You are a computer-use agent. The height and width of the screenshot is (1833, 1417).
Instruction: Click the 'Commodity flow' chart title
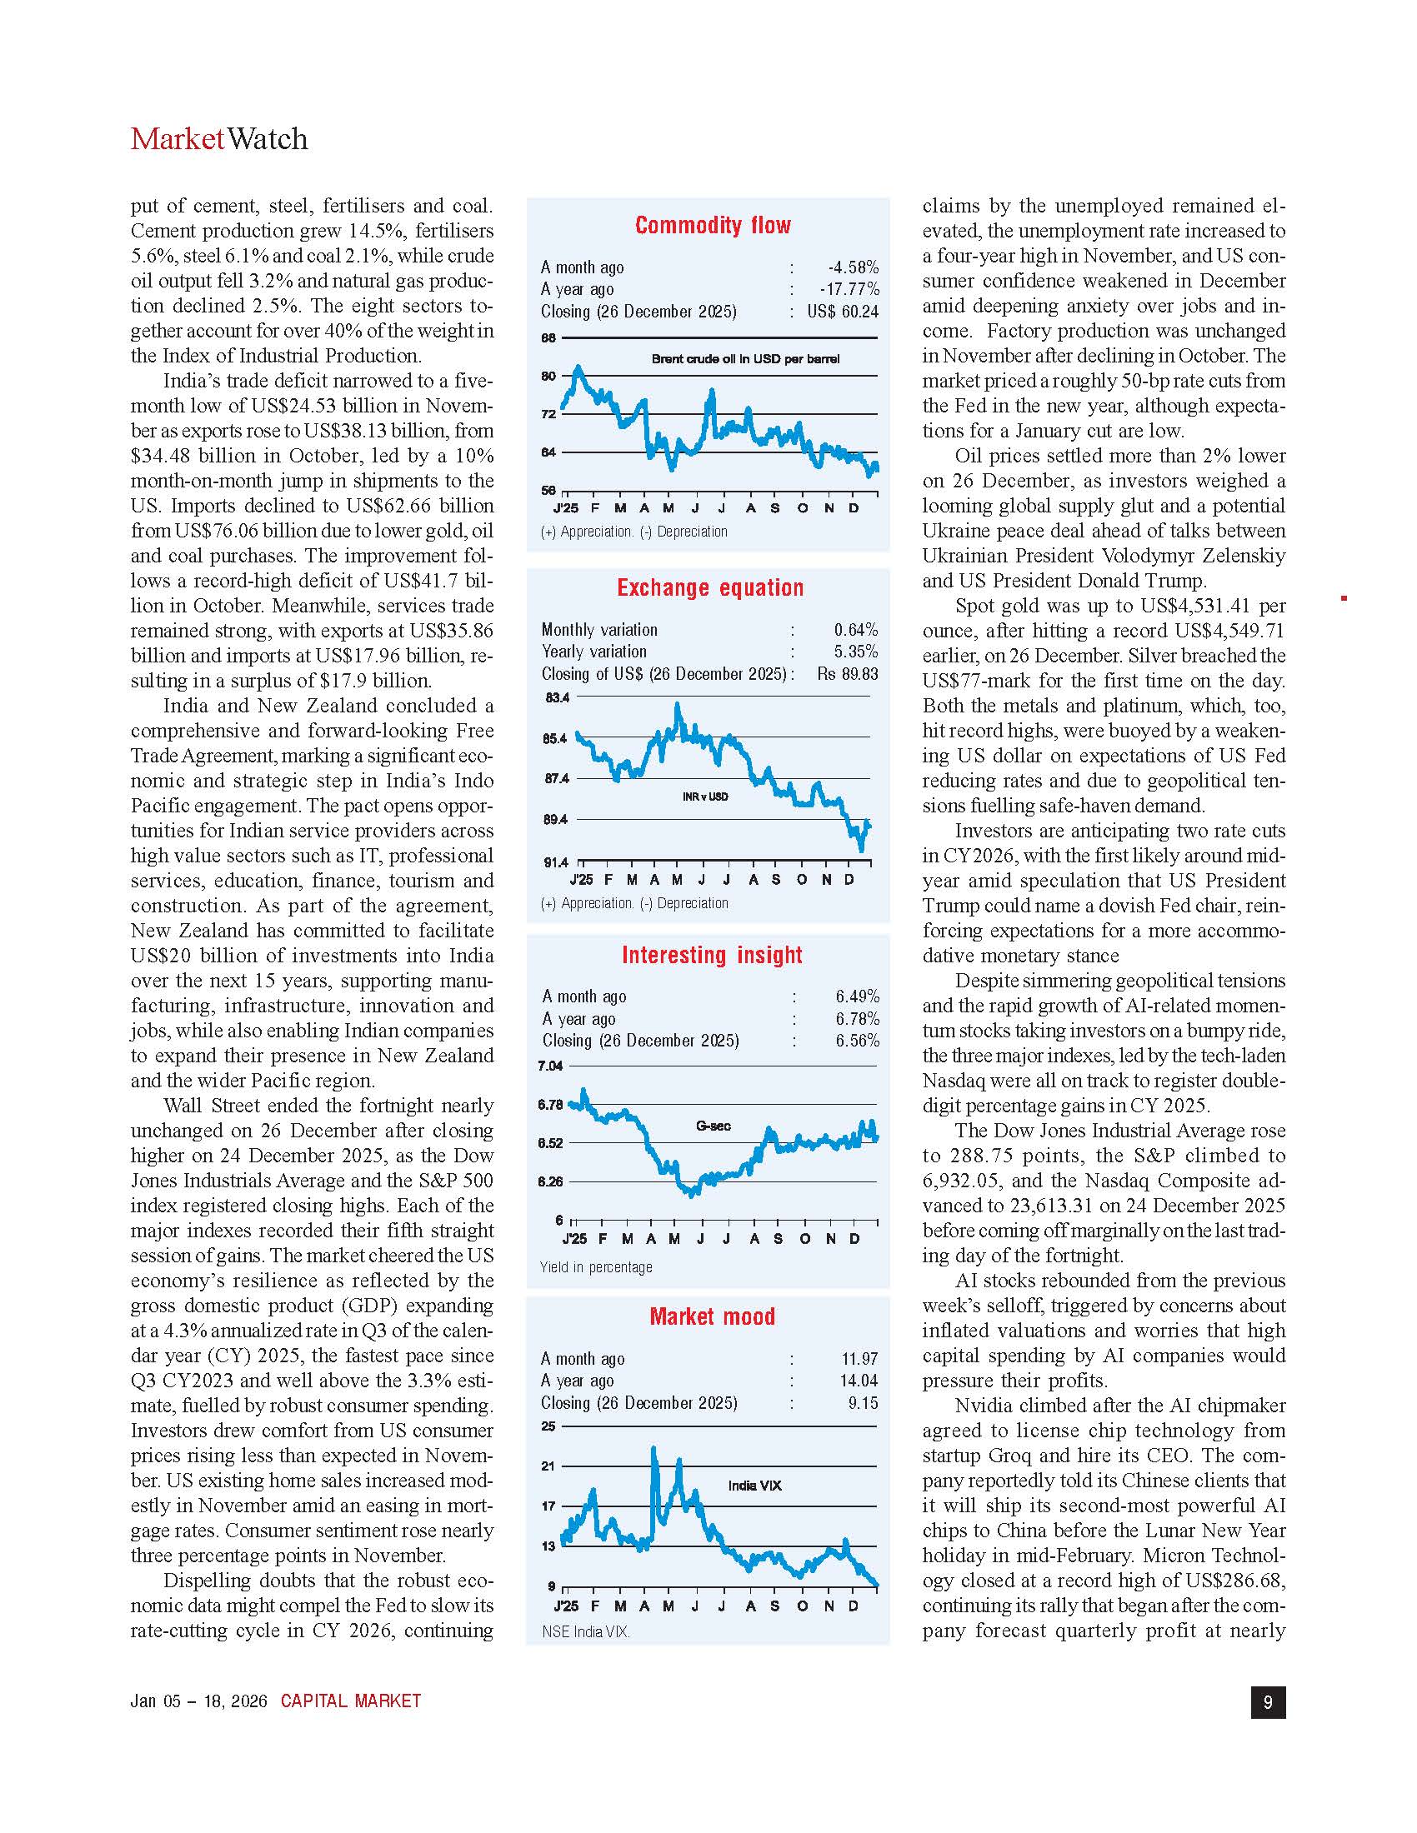tap(713, 225)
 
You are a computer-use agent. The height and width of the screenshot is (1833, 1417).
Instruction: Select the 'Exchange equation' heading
tap(710, 587)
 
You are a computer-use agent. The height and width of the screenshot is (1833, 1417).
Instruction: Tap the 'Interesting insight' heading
tap(712, 955)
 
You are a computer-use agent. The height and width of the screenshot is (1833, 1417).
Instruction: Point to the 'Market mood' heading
tap(712, 1316)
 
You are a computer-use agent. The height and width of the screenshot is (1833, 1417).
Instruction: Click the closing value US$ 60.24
tap(843, 312)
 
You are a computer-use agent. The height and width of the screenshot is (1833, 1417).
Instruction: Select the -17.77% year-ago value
tap(849, 290)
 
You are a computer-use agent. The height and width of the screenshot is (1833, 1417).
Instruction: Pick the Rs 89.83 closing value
tap(847, 674)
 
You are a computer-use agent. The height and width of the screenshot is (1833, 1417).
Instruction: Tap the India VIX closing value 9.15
tap(863, 1402)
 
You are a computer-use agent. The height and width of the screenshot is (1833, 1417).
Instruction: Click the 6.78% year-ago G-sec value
tap(857, 1019)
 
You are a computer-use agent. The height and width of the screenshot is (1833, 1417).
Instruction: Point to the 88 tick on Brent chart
tap(548, 338)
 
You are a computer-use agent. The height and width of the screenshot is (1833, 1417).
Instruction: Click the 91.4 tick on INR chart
tap(556, 862)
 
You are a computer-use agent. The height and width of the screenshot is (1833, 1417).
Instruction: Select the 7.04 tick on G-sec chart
tap(550, 1066)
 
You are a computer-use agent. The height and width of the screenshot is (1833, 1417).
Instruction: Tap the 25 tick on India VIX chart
tap(548, 1426)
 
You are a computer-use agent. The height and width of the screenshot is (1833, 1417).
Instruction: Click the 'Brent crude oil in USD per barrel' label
tap(745, 359)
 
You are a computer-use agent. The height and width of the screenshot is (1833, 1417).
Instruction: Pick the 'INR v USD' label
tap(705, 796)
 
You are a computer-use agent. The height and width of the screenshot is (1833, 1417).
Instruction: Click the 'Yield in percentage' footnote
tap(596, 1266)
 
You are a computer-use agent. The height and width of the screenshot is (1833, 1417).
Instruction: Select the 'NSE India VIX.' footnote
tap(586, 1631)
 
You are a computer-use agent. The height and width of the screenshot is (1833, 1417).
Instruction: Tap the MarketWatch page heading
tap(219, 139)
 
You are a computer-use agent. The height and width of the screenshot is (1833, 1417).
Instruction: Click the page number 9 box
tap(1268, 1701)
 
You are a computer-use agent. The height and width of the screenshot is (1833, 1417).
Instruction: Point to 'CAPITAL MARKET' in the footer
tap(351, 1701)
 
